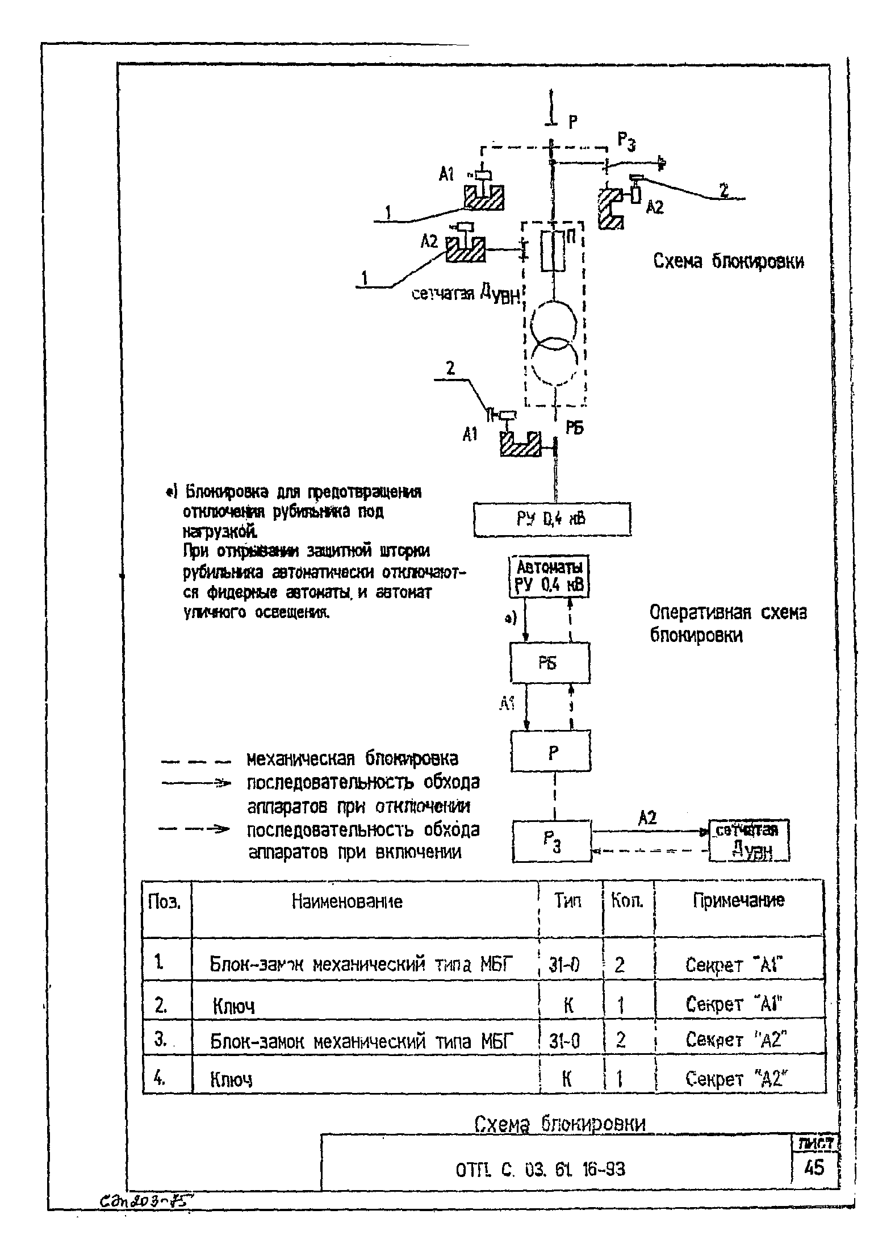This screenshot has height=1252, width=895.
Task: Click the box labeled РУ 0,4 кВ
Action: coord(551,519)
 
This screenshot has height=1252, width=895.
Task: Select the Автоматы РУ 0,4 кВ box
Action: coord(549,577)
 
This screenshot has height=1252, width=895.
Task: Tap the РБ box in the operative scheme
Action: coord(550,662)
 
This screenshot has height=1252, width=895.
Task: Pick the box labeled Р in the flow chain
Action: coord(550,750)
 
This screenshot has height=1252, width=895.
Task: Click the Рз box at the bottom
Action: coord(551,841)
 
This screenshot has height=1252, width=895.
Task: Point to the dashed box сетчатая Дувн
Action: coord(748,840)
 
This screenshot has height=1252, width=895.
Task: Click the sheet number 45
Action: coord(814,1168)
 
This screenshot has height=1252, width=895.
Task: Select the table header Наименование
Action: coord(347,902)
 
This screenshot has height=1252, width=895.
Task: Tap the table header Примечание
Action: coord(738,900)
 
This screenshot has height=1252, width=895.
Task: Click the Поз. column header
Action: coord(164,902)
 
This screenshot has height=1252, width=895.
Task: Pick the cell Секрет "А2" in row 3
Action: coord(736,1040)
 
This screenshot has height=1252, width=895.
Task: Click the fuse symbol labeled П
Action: coord(553,251)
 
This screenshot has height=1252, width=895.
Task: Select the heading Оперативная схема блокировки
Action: coord(727,624)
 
